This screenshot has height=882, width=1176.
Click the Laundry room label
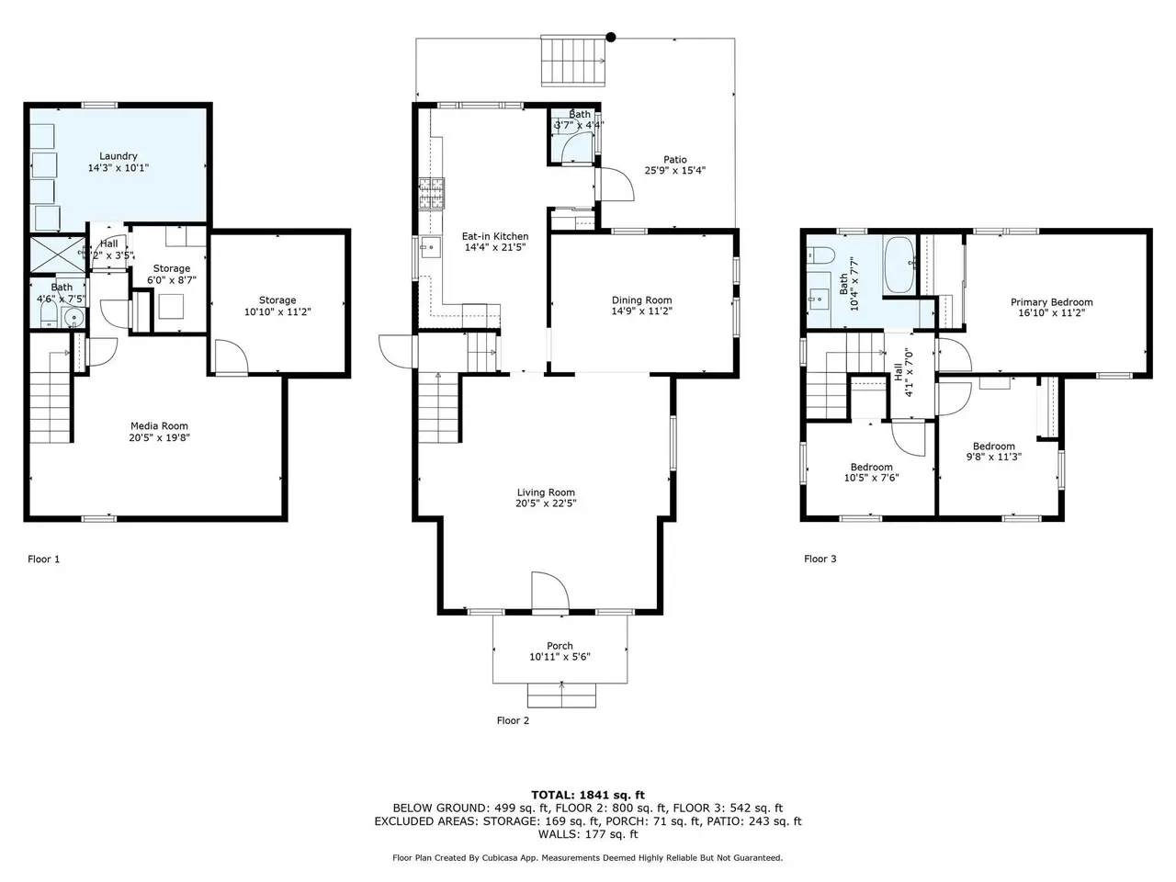[x=118, y=156]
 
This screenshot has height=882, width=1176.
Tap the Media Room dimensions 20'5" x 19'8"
[x=159, y=437]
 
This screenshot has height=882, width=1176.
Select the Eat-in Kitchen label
[x=495, y=236]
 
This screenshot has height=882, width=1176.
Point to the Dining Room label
[x=642, y=300]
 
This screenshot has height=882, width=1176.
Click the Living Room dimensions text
[x=546, y=503]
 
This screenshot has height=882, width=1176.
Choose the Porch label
[x=560, y=646]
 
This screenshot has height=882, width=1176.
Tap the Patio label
[x=675, y=160]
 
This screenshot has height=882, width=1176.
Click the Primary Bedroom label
[x=1052, y=302]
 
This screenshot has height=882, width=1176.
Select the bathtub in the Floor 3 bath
[x=899, y=266]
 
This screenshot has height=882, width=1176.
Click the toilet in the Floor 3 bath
[x=820, y=254]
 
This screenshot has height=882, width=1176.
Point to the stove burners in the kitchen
[x=431, y=193]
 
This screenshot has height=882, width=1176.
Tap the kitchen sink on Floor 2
[x=430, y=247]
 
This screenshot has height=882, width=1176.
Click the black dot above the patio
[x=611, y=37]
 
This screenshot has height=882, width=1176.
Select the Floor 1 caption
[x=44, y=560]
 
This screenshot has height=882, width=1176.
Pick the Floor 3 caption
[x=820, y=559]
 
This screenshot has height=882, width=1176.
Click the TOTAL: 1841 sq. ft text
[x=588, y=796]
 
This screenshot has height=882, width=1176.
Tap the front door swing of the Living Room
[x=550, y=590]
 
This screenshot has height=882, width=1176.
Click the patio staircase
[x=573, y=61]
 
